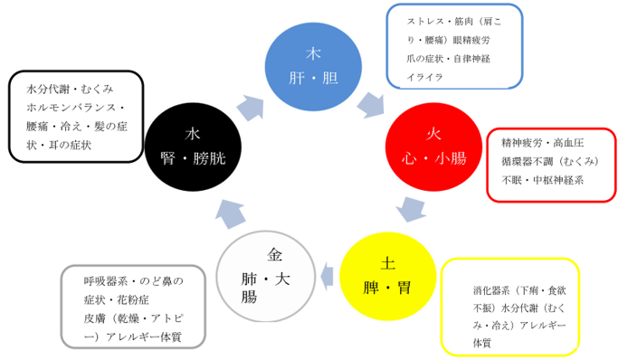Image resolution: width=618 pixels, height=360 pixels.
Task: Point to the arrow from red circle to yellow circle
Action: click(x=412, y=213)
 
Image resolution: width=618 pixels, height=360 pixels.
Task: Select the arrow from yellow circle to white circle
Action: click(x=323, y=269)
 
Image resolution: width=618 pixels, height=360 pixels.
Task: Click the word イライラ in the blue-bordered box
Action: click(x=425, y=78)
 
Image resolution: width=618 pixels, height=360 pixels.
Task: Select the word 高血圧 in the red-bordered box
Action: click(x=568, y=142)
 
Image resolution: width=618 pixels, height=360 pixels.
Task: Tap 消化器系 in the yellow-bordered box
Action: click(x=490, y=291)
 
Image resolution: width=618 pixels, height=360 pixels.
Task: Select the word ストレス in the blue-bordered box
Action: click(x=424, y=21)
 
